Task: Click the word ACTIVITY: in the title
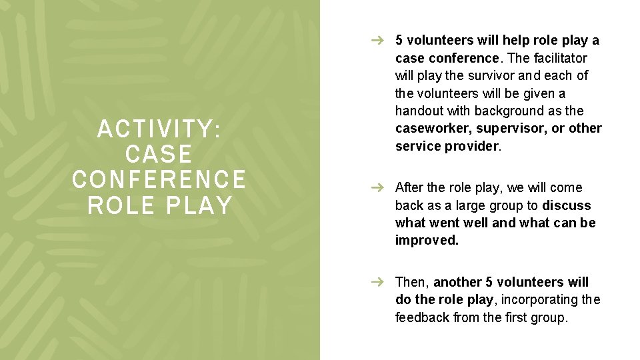click(159, 129)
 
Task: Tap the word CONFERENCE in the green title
click(159, 179)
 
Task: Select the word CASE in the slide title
click(159, 154)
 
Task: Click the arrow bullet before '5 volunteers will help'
click(377, 41)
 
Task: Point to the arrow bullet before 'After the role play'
click(377, 188)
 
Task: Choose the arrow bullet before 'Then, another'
click(377, 283)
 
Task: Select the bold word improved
click(427, 241)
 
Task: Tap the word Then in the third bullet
click(411, 283)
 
